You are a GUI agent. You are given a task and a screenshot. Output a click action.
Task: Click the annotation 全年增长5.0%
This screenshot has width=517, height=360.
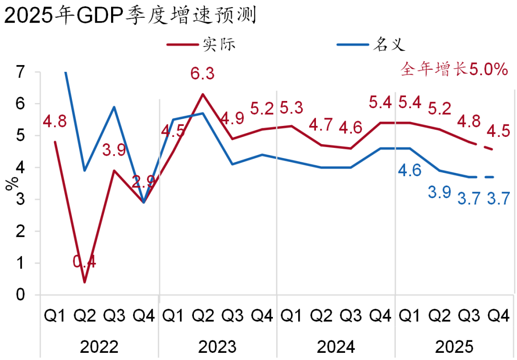click(453, 69)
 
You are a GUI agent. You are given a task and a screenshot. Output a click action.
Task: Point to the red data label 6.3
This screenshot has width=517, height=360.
click(202, 74)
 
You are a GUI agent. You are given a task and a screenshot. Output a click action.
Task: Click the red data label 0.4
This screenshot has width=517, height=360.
click(85, 262)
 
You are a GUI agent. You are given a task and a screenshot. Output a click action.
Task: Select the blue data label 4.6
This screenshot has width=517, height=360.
click(410, 171)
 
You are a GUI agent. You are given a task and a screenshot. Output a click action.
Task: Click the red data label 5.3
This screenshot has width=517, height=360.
click(292, 108)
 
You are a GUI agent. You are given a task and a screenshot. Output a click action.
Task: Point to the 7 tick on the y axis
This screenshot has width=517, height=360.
click(20, 72)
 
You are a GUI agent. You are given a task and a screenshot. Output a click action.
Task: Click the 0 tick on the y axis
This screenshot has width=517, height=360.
click(20, 295)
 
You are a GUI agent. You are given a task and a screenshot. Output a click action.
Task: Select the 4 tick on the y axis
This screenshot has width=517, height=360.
click(20, 168)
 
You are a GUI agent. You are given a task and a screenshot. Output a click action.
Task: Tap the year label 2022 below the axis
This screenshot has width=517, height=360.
click(99, 346)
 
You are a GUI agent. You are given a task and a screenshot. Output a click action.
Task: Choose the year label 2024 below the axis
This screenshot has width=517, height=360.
click(336, 346)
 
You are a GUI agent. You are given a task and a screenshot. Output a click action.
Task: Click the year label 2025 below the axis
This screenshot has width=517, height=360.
click(454, 346)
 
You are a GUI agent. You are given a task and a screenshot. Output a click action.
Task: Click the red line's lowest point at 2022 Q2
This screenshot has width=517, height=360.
click(85, 282)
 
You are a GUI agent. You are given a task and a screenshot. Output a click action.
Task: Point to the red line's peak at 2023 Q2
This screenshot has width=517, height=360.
click(203, 94)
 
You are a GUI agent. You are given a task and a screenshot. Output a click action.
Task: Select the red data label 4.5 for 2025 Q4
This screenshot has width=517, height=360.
click(498, 132)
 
